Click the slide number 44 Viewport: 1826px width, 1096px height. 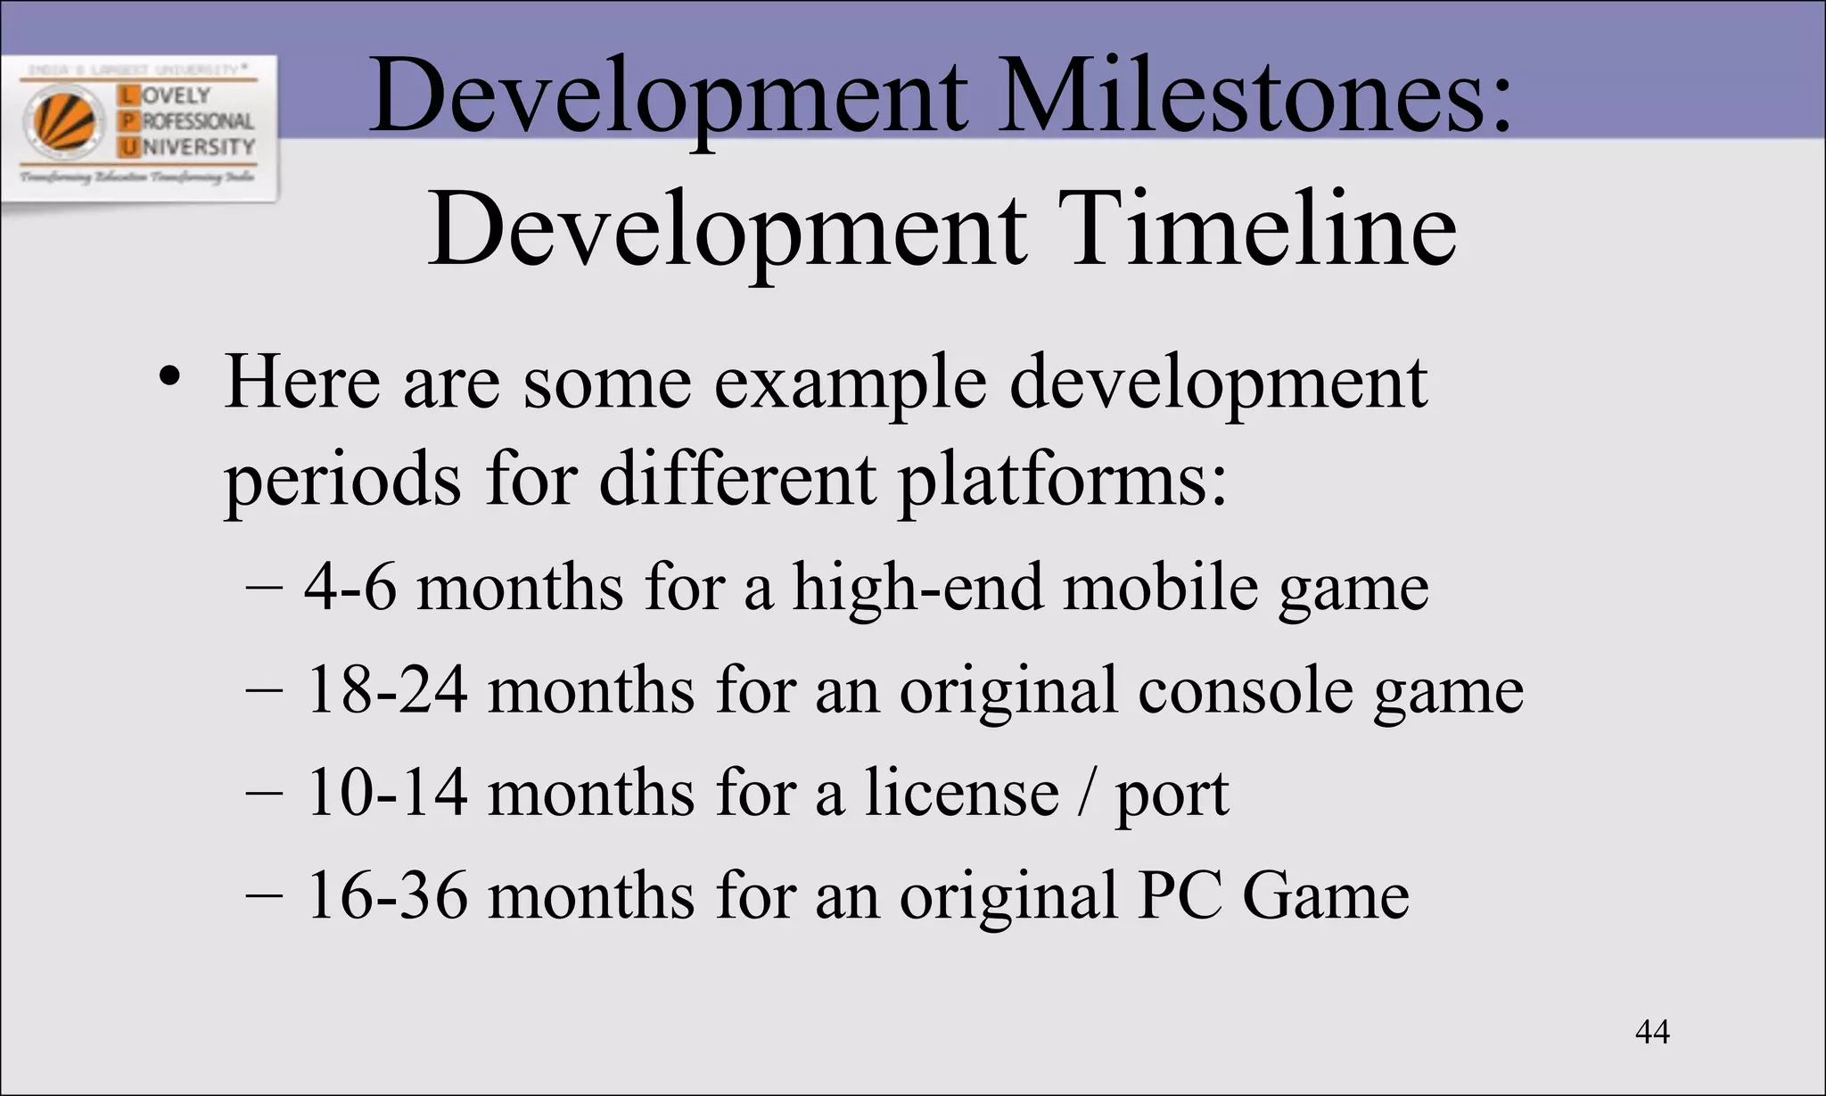click(x=1652, y=1032)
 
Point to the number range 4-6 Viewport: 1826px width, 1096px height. click(x=350, y=589)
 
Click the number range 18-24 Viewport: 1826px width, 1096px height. click(x=386, y=691)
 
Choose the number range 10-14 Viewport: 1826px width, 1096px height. click(x=386, y=793)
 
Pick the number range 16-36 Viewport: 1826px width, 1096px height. click(x=386, y=895)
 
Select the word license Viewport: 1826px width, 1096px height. click(x=961, y=793)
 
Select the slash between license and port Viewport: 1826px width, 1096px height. click(x=1085, y=793)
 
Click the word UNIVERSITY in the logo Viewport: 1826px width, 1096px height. click(x=198, y=146)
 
